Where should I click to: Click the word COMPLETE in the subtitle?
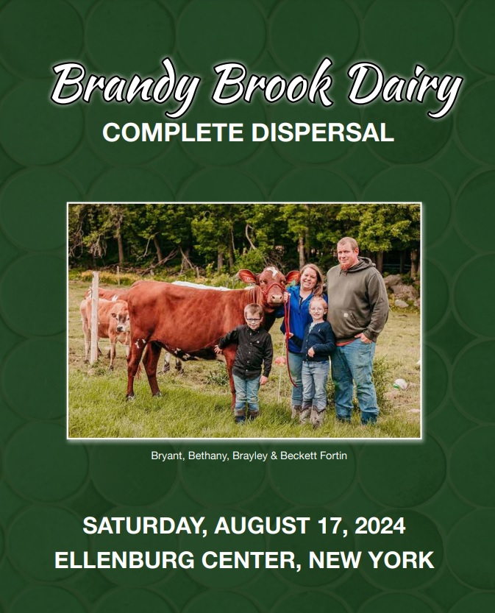(173, 132)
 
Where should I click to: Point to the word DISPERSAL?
(322, 132)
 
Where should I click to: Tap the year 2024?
(380, 525)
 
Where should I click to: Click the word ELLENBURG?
(124, 560)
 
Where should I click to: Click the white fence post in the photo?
(94, 317)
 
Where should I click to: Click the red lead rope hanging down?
(289, 340)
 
